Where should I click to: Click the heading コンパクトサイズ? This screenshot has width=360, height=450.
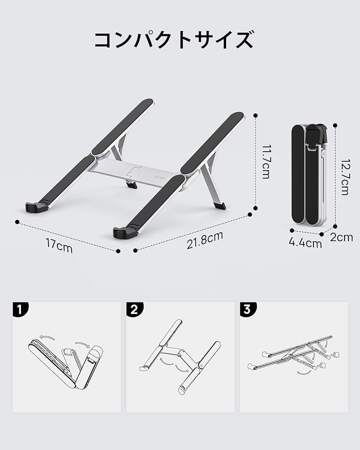tap(174, 40)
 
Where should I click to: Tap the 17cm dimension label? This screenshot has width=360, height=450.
tap(59, 245)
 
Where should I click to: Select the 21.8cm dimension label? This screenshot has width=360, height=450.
tap(204, 240)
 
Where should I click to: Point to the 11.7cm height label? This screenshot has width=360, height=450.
tap(266, 162)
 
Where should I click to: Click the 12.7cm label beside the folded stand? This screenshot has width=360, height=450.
tap(345, 177)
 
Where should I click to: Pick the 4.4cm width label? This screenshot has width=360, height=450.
tap(305, 243)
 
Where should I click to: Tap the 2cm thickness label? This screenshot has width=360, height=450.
tap(341, 237)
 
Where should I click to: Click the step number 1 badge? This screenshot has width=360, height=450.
tap(20, 309)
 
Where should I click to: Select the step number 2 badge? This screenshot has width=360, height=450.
tap(134, 309)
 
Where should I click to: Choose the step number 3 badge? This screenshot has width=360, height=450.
tap(248, 309)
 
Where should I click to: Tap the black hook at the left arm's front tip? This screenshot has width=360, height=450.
tap(36, 207)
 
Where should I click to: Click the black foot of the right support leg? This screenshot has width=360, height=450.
tap(219, 206)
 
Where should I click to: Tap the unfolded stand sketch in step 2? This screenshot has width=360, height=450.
tap(180, 357)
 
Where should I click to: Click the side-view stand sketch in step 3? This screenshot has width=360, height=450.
tap(293, 354)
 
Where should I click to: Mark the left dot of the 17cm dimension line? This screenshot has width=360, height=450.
tap(17, 222)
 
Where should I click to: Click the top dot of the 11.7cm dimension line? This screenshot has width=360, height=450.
tap(255, 115)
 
